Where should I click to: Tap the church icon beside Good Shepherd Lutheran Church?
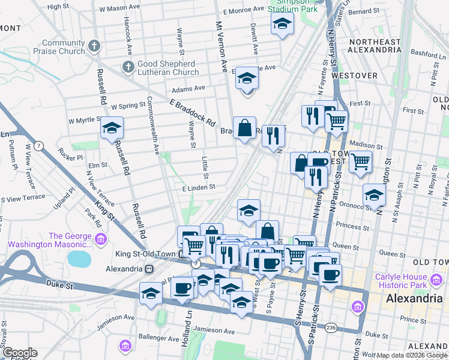pos(127,67)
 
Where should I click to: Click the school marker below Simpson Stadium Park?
pos(281,25)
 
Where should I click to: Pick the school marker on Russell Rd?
pos(112,128)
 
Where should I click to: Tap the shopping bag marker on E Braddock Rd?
pos(244,128)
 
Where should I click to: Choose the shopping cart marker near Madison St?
pos(360,161)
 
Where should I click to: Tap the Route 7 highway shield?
pos(38,146)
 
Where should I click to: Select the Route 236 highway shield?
pos(330,327)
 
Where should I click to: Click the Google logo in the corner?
pos(19,353)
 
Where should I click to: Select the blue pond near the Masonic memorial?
pos(79,259)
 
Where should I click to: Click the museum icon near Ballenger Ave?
pos(125,346)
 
